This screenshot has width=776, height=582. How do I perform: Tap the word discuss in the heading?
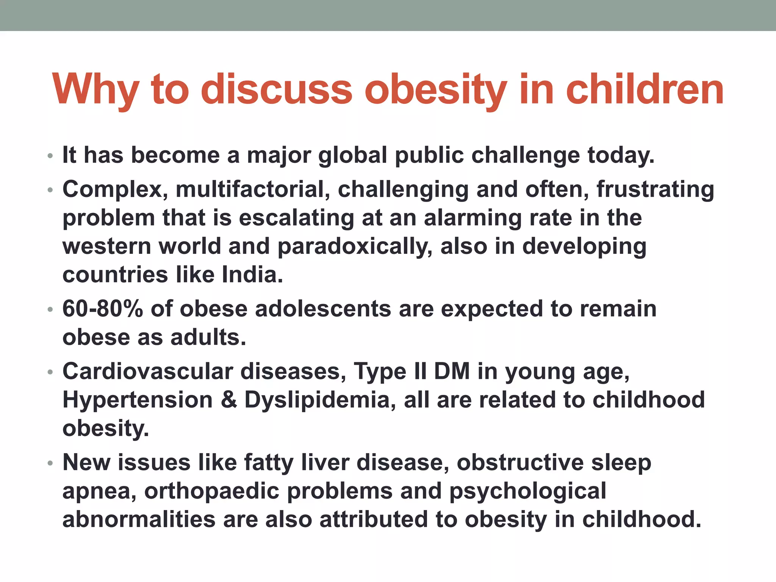[277, 90]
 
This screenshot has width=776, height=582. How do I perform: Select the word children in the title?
[644, 90]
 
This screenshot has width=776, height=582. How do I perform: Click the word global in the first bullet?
[352, 155]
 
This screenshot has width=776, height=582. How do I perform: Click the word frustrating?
[655, 189]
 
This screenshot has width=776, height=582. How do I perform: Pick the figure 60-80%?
[103, 309]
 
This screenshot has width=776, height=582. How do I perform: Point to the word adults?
[208, 337]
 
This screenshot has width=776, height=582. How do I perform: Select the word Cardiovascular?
[148, 371]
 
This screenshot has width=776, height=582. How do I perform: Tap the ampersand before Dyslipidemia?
[229, 400]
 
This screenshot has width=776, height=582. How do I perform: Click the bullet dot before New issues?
[50, 463]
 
